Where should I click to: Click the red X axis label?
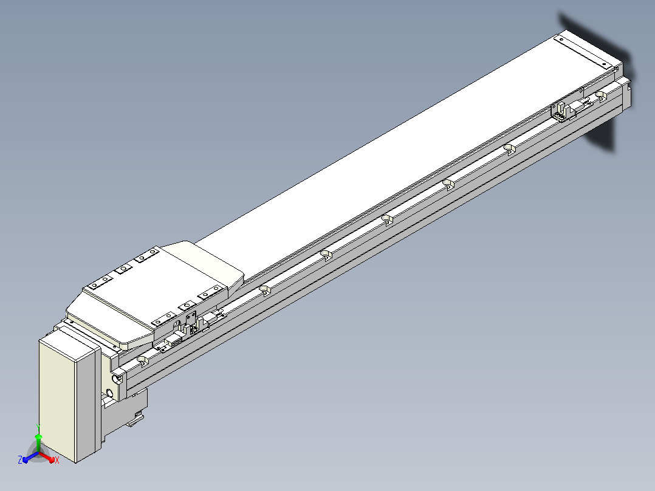[57, 460]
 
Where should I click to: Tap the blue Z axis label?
[19, 459]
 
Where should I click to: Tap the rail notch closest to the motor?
[143, 360]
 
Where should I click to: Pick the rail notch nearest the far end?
[600, 95]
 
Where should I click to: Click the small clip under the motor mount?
[135, 419]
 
